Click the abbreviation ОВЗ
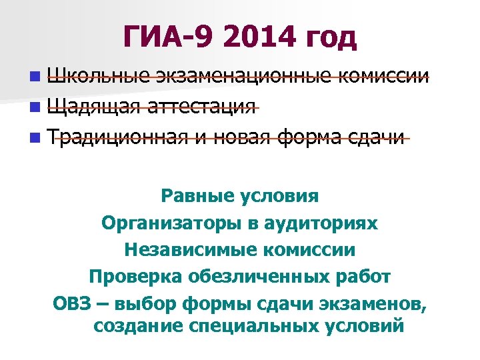[x=70, y=303]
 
